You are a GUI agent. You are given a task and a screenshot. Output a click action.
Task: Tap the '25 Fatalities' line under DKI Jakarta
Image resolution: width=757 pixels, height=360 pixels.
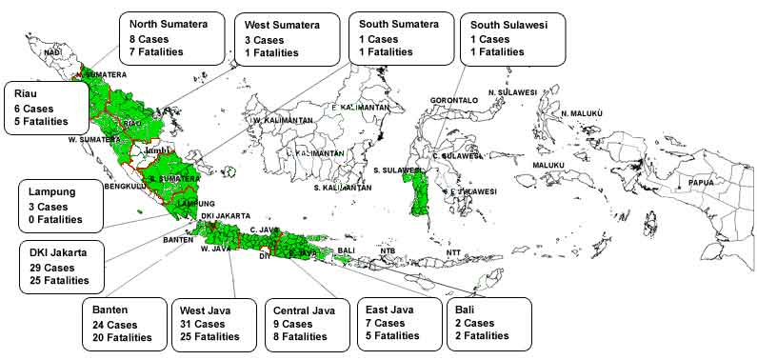(x=59, y=281)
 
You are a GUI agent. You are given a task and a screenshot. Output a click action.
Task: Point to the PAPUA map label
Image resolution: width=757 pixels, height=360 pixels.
(x=704, y=182)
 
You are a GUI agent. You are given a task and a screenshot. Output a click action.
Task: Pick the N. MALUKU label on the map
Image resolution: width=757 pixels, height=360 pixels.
(x=583, y=113)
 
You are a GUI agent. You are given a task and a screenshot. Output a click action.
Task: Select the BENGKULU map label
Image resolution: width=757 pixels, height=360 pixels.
(x=124, y=187)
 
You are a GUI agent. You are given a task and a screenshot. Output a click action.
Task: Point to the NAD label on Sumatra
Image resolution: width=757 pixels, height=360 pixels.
(x=52, y=52)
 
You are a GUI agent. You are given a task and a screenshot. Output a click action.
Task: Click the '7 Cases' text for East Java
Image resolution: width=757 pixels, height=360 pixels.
(x=388, y=324)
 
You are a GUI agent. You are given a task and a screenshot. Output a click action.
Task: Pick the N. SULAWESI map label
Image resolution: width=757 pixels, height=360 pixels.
(x=512, y=92)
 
